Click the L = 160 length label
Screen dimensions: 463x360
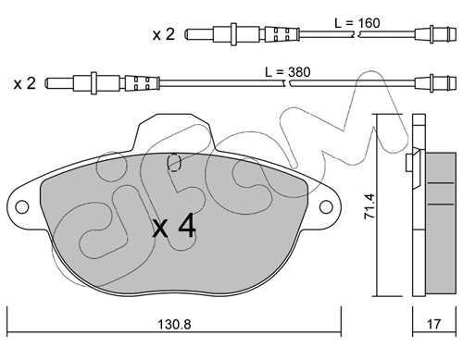[x=357, y=23]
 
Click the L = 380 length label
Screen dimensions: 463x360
[x=288, y=72]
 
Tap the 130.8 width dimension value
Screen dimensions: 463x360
[x=174, y=324]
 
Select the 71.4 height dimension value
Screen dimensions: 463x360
[x=369, y=206]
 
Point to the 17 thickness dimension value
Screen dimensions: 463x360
[x=433, y=324]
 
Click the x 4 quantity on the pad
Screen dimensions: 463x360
[x=174, y=226]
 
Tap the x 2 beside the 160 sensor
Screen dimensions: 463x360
[x=164, y=34]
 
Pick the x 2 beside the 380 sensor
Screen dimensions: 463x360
[x=25, y=83]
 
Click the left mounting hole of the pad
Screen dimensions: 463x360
[x=22, y=206]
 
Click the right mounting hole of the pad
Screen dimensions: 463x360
[x=326, y=206]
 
